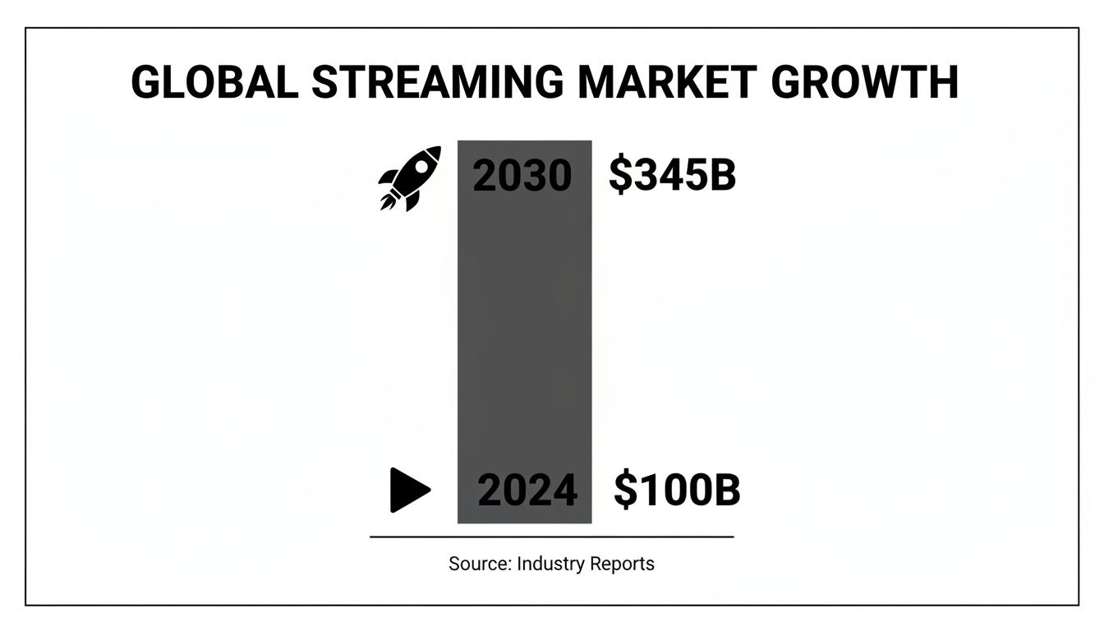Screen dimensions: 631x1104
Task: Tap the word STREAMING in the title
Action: coord(436,82)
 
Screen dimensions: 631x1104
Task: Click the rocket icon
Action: coord(409,177)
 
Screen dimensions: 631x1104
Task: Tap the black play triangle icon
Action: coord(408,490)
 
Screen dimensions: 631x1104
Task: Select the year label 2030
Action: coord(522,176)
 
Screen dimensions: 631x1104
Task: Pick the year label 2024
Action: coord(527,491)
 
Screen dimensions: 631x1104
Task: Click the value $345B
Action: coord(672,175)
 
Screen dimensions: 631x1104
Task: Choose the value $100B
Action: coord(677,491)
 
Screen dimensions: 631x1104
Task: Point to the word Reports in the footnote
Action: coord(622,564)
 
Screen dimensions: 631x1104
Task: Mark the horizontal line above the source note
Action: coord(551,537)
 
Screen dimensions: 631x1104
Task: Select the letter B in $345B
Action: coord(723,175)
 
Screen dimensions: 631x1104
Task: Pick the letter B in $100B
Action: coord(728,491)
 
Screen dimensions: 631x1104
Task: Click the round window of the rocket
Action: coord(421,165)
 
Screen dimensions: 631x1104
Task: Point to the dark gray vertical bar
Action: coord(524,329)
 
